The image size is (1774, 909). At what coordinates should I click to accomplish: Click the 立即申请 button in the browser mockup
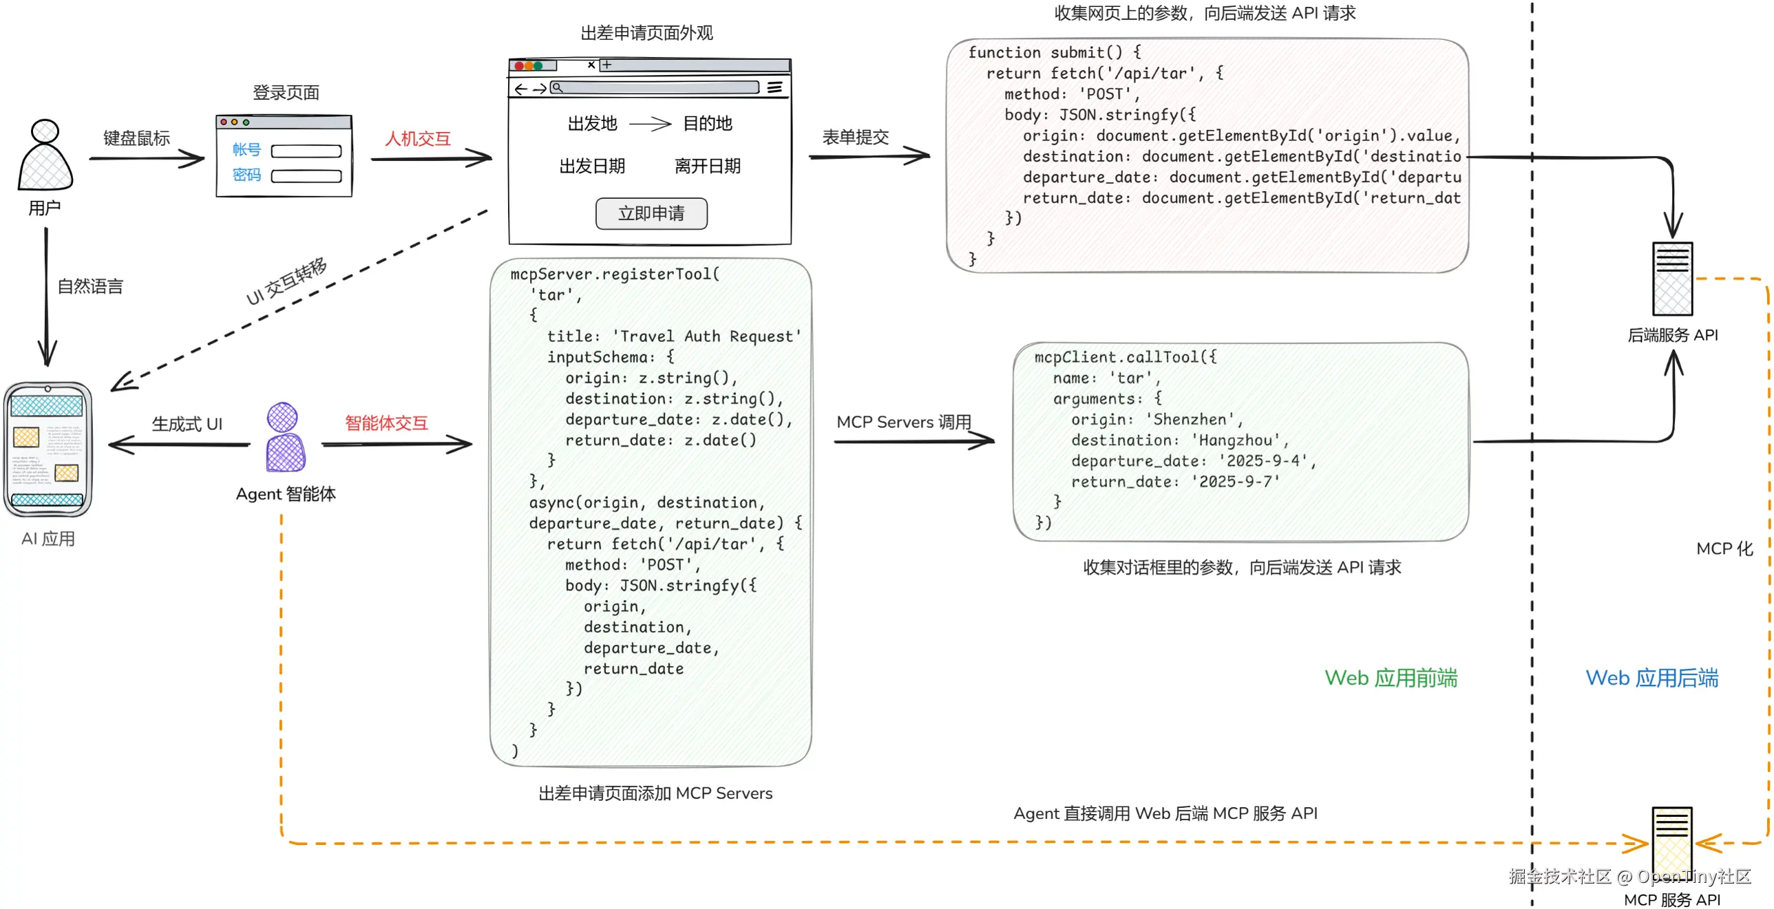651,213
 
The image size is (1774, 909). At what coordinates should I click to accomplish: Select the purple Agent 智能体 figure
284,437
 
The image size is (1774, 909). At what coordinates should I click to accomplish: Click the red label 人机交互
417,138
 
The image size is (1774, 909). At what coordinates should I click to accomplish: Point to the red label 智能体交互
386,423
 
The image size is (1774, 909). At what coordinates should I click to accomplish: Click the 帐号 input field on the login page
306,151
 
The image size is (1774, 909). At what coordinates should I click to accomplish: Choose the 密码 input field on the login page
306,176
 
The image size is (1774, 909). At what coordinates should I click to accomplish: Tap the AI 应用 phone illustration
47,449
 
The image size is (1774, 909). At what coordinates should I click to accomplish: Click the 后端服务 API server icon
1672,279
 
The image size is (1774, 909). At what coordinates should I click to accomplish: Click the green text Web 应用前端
1391,678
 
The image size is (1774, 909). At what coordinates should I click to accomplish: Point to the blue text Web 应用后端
1651,678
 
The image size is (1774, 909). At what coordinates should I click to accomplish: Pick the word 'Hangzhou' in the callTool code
1236,440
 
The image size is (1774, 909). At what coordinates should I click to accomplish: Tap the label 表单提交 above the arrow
855,137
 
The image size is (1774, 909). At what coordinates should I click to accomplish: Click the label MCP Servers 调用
904,421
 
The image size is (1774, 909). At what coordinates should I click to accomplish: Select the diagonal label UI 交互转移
286,281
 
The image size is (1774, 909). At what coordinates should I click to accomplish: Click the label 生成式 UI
187,423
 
